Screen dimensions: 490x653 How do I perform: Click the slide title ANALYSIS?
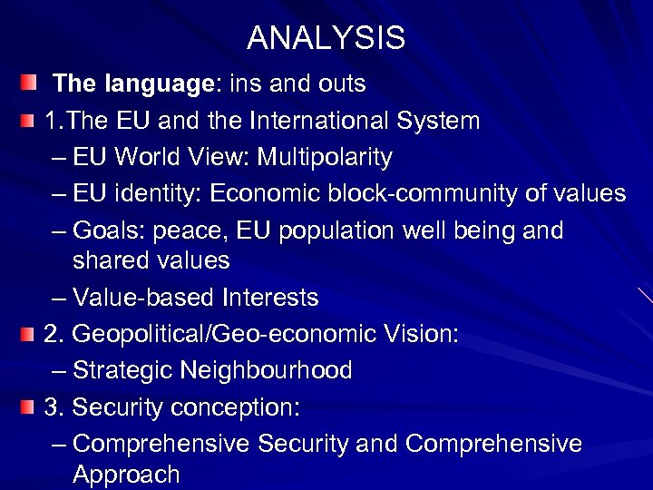(x=326, y=38)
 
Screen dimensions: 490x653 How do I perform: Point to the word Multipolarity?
(x=325, y=158)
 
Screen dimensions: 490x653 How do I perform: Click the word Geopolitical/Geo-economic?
(x=208, y=334)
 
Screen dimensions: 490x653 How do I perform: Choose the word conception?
(x=232, y=407)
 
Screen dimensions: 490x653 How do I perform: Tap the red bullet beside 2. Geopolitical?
(x=30, y=335)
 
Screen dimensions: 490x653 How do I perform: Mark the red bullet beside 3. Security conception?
(x=30, y=408)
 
